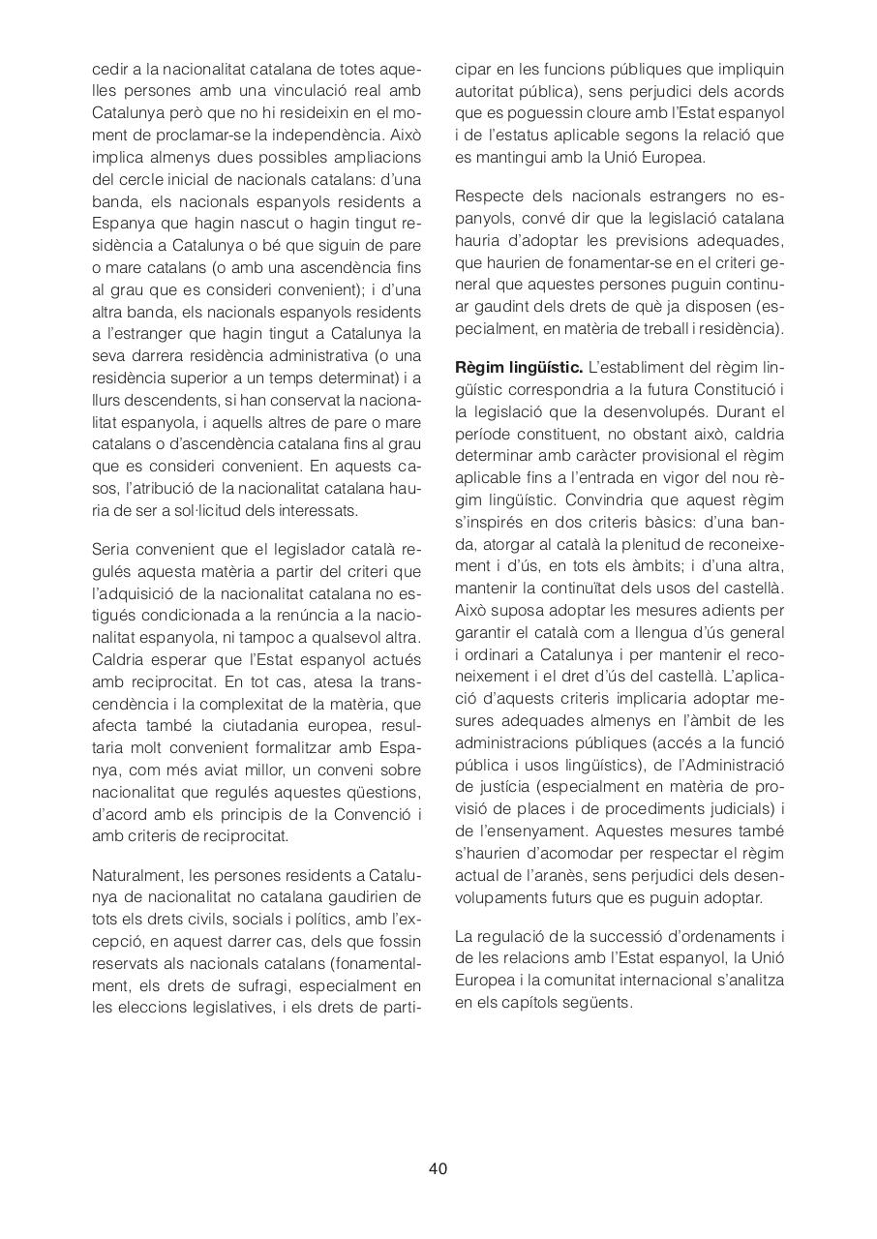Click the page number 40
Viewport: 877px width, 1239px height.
438,1168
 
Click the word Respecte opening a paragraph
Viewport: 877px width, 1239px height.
490,196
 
